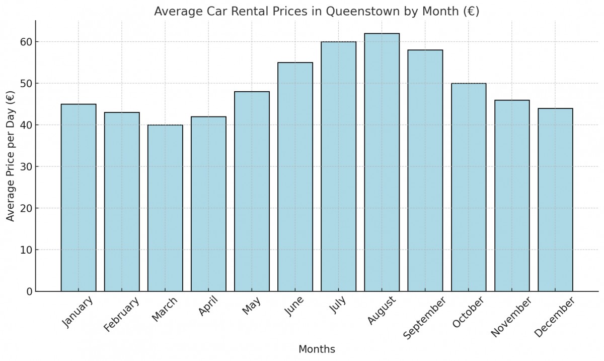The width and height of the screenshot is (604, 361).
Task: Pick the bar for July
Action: [x=338, y=166]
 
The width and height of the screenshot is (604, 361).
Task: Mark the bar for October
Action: [x=469, y=187]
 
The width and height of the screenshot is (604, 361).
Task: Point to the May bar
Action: [x=252, y=192]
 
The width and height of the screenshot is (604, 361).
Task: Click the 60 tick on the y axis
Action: [x=26, y=42]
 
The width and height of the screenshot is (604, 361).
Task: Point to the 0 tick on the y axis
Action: [x=29, y=291]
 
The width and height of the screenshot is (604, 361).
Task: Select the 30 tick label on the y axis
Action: [x=26, y=167]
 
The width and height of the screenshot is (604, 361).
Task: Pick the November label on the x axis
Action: [x=511, y=317]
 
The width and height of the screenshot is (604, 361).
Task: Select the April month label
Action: [x=208, y=307]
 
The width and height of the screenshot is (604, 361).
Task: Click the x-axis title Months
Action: [x=317, y=349]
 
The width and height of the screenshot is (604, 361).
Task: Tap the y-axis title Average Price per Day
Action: [x=11, y=156]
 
